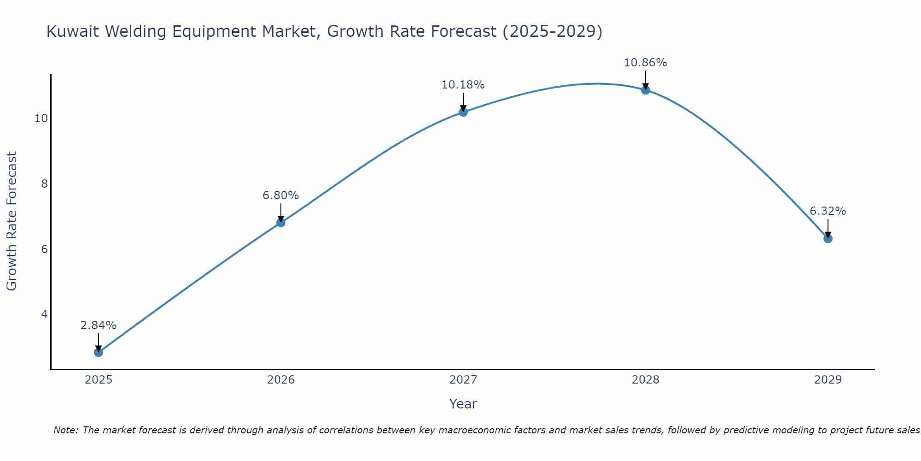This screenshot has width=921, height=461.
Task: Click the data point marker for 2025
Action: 99,352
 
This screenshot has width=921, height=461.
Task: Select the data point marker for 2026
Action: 281,223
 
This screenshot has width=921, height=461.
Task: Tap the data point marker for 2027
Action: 463,112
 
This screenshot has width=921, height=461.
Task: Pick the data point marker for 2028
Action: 646,90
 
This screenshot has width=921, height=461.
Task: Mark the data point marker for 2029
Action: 828,238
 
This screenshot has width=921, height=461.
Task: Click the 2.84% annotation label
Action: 99,325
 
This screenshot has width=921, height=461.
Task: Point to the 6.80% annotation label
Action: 281,195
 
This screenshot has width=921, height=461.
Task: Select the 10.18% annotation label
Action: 463,85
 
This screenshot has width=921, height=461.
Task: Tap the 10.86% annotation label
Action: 646,63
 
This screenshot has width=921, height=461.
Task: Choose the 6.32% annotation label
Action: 828,211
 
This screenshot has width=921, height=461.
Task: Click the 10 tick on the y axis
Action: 41,118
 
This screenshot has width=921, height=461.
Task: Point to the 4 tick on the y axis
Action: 44,314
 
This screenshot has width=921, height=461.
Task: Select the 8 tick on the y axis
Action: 44,184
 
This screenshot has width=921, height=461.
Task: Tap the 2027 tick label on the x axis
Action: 463,380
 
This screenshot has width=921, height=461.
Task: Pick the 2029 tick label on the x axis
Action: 828,380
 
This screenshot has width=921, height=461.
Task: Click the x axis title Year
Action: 463,404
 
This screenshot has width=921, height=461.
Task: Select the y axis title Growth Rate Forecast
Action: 12,221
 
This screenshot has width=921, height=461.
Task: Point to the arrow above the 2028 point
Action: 646,79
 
